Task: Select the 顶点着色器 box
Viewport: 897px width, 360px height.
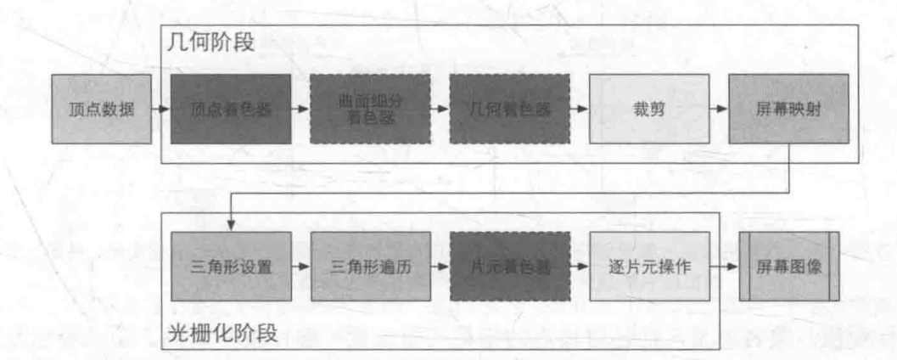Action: click(231, 110)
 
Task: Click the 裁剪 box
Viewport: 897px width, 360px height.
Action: click(649, 110)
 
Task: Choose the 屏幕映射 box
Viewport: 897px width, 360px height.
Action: click(788, 110)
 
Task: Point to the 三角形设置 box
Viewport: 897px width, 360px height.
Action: click(231, 267)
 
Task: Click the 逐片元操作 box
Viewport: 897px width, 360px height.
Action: click(649, 267)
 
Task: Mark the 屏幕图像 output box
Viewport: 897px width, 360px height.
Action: click(788, 267)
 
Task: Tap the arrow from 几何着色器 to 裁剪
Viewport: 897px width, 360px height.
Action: click(580, 110)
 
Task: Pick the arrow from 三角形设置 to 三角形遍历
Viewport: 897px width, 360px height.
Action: click(300, 267)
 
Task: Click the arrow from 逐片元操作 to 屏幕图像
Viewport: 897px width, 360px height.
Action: click(724, 267)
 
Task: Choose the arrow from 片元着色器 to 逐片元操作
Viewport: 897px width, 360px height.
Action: click(580, 267)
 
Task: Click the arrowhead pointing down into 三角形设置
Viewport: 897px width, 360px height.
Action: click(231, 225)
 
